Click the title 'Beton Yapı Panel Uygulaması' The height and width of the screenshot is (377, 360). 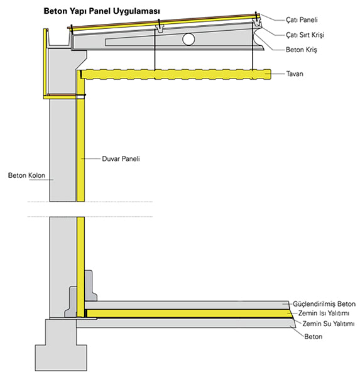point(102,11)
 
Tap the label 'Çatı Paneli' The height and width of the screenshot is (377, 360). point(302,19)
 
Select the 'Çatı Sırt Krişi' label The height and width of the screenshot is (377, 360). point(305,35)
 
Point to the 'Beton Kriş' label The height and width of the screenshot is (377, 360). point(302,50)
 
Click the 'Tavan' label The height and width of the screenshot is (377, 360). point(295,74)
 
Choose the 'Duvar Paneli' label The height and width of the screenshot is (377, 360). point(121,159)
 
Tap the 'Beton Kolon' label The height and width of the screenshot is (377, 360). point(26,175)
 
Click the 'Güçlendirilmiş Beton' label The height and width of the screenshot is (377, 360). point(324,304)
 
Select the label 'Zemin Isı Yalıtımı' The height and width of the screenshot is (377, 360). point(324,313)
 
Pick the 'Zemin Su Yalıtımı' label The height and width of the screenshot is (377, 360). point(328,324)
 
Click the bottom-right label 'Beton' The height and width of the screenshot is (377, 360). point(313,336)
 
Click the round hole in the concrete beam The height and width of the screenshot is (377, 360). point(188,39)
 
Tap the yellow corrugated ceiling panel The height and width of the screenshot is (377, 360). point(175,74)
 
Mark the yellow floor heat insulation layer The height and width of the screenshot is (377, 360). point(188,314)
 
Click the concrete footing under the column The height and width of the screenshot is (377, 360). point(61,345)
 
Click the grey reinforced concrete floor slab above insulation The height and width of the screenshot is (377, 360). point(187,305)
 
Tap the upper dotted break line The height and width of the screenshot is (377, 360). point(90,202)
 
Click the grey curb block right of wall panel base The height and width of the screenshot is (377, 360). point(90,286)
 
